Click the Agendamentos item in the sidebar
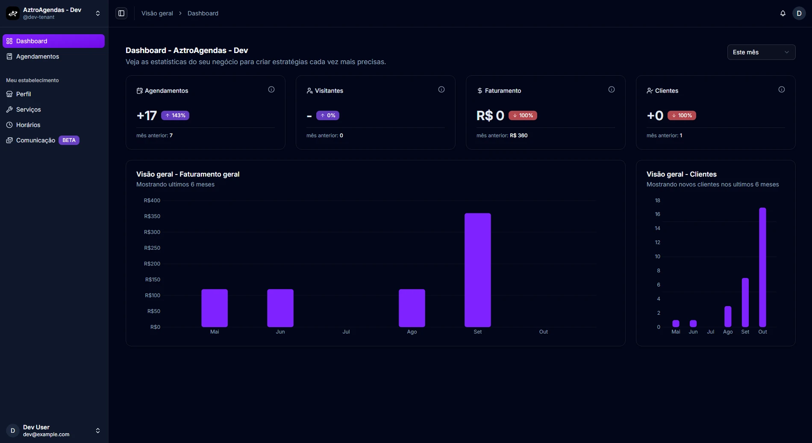pos(38,56)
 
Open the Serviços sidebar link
pos(29,109)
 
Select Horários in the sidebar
pos(28,125)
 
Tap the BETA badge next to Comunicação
pos(69,140)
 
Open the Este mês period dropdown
pos(761,52)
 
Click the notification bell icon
pos(783,13)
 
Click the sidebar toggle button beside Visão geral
pos(121,13)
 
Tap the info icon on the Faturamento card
pos(612,89)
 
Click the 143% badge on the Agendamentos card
pos(175,115)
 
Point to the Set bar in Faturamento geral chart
pos(478,270)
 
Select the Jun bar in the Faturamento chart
pos(280,308)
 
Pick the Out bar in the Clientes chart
pos(762,267)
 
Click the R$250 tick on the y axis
pos(152,248)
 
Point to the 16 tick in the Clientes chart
pos(657,214)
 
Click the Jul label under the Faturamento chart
pos(346,332)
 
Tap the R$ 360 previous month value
pos(519,136)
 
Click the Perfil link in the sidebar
pos(24,94)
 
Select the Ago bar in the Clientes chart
pos(728,316)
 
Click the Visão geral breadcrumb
pos(157,13)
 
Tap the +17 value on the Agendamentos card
pos(147,115)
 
